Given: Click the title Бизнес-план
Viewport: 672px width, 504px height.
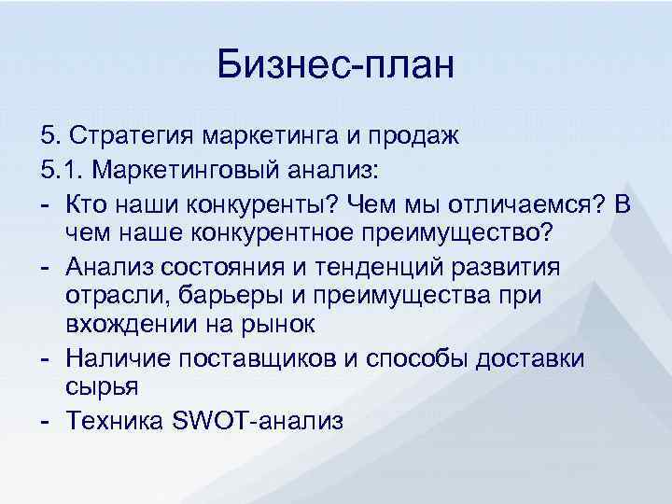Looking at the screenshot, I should tap(335, 66).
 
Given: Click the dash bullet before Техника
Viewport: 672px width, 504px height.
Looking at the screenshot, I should tap(46, 421).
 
